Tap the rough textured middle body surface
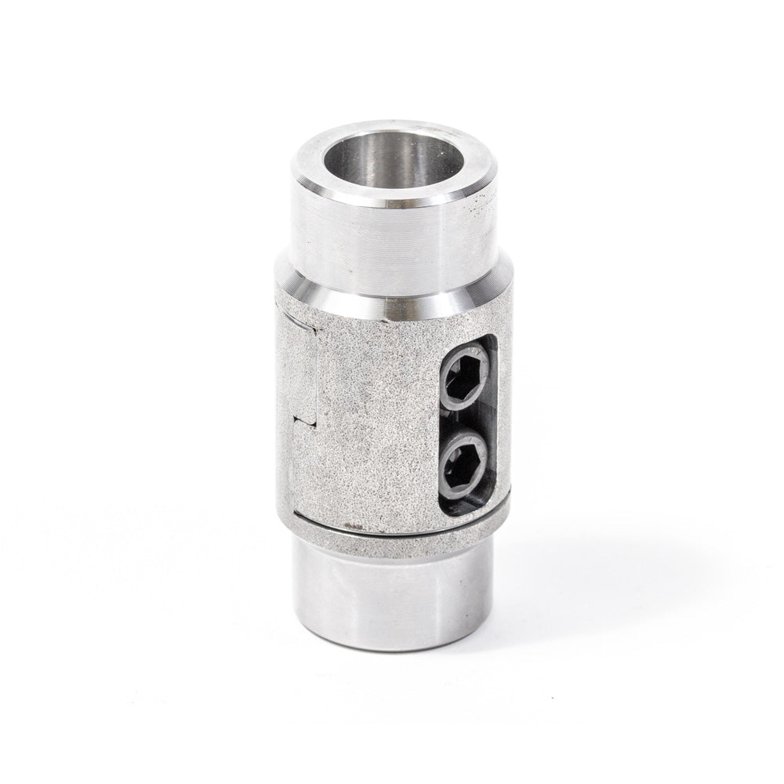pos(368,416)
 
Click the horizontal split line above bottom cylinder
pos(392,524)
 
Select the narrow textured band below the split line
pos(392,533)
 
